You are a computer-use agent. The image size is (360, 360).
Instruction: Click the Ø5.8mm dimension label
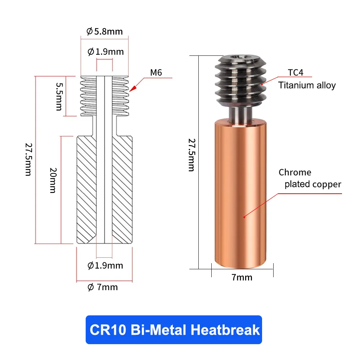click(x=104, y=32)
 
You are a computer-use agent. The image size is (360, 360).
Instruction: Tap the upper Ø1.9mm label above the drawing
click(x=105, y=52)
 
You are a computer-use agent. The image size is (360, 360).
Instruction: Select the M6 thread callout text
click(x=156, y=72)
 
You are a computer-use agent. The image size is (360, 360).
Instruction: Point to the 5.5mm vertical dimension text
click(x=59, y=96)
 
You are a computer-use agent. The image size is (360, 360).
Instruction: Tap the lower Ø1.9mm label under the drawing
click(x=105, y=266)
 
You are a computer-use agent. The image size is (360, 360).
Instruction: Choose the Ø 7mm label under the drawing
click(x=103, y=287)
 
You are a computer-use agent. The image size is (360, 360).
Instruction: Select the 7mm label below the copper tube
click(x=242, y=277)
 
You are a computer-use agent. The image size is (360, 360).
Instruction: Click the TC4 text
click(x=295, y=72)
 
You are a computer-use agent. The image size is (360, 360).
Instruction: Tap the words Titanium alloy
click(x=307, y=85)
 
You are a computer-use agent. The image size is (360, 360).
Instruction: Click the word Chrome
click(x=295, y=172)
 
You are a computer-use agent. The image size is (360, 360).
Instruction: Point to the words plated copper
click(x=312, y=184)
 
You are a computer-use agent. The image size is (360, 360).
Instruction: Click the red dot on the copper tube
click(x=244, y=217)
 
